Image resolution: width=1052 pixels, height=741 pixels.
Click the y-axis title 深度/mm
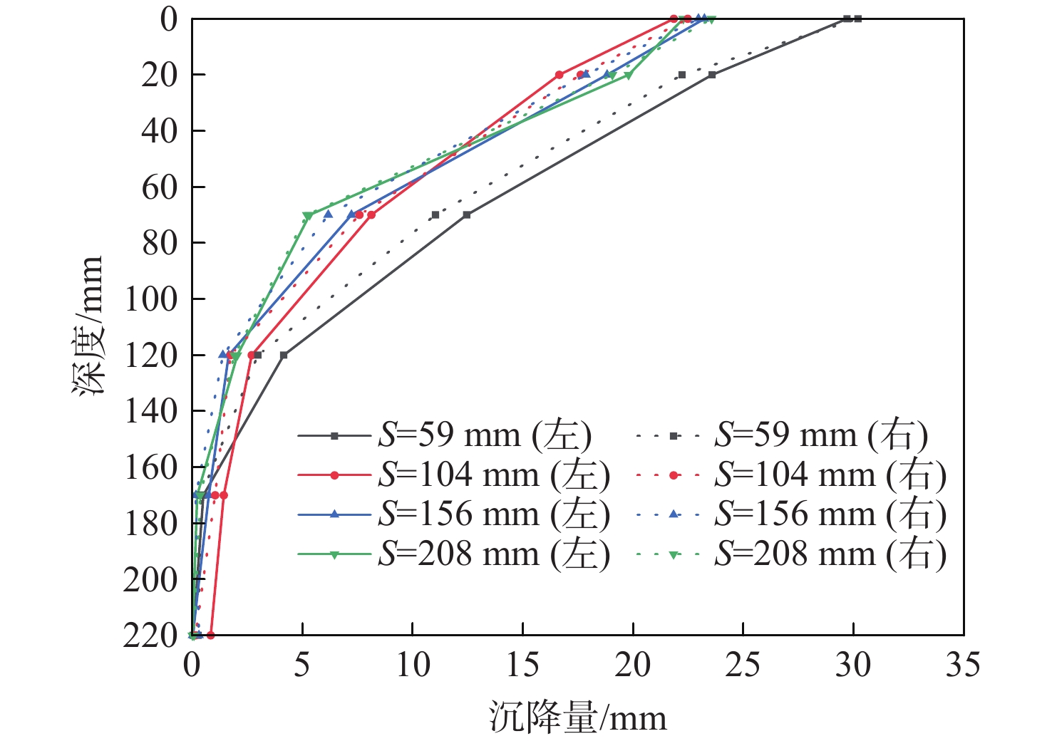point(88,326)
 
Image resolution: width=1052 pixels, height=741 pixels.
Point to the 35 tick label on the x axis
point(963,665)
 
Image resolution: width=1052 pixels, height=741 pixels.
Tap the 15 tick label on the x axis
point(522,665)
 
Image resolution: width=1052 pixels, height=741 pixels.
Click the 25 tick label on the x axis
point(743,665)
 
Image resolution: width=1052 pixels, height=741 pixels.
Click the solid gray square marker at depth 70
point(466,214)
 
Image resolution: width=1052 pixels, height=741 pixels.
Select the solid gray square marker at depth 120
point(284,355)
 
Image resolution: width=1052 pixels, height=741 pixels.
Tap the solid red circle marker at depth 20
point(559,75)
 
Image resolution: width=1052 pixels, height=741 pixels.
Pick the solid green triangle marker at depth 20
point(628,75)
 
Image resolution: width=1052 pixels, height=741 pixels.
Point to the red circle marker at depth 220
point(210,635)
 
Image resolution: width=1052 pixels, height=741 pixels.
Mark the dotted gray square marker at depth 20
point(681,75)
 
